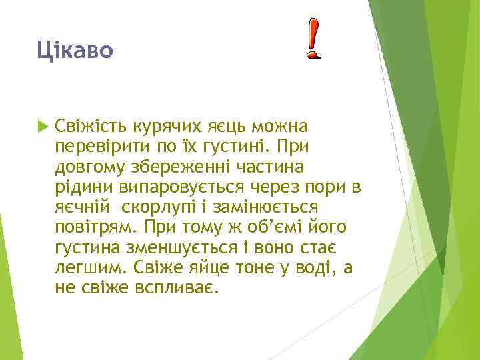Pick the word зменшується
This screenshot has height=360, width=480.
pos(177,249)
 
